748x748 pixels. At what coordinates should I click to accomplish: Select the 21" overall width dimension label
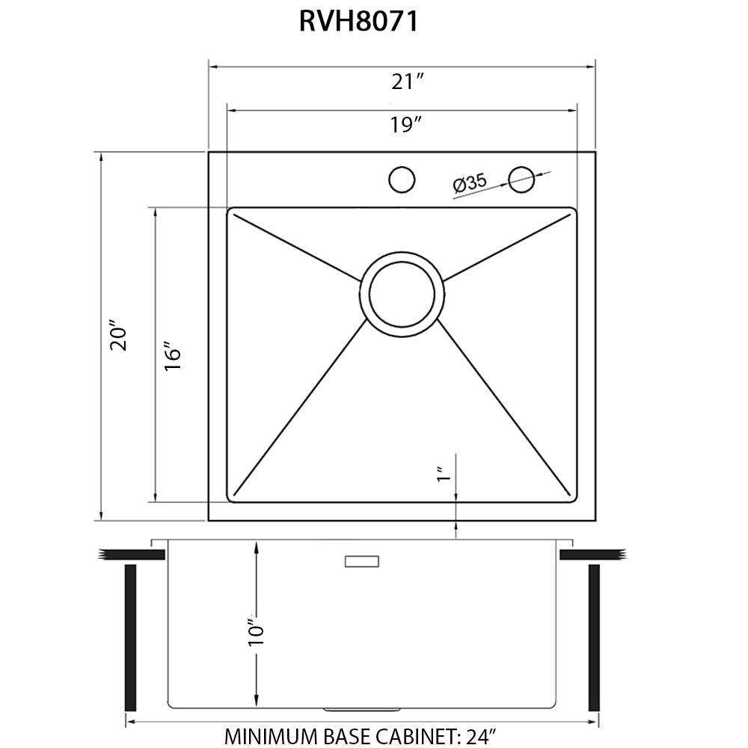point(408,82)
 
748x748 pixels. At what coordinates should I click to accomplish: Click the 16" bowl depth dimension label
point(173,358)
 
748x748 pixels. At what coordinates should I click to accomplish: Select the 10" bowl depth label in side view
point(257,632)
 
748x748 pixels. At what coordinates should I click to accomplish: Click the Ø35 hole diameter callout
point(470,183)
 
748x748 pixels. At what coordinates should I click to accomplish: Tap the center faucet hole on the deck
point(402,180)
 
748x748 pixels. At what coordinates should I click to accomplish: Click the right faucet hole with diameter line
point(521,178)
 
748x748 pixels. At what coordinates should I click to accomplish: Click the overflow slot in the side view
point(362,561)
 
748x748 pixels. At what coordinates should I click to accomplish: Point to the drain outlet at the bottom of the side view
point(362,707)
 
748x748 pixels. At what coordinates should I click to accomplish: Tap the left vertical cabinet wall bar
point(131,637)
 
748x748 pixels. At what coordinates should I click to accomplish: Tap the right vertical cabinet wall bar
point(595,637)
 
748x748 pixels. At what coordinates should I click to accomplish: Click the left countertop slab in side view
point(132,554)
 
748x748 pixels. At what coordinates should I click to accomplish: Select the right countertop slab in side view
point(592,554)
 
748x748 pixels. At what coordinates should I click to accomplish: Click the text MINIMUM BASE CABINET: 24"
point(359,736)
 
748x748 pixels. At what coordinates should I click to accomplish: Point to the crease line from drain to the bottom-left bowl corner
point(299,411)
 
